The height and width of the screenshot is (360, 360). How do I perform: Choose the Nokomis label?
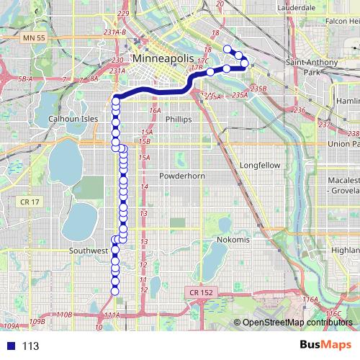point(231,240)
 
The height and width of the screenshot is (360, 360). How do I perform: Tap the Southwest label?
point(88,251)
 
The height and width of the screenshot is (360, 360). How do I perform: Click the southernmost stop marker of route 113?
point(114,291)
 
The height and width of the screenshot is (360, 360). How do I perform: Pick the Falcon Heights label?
point(341,22)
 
